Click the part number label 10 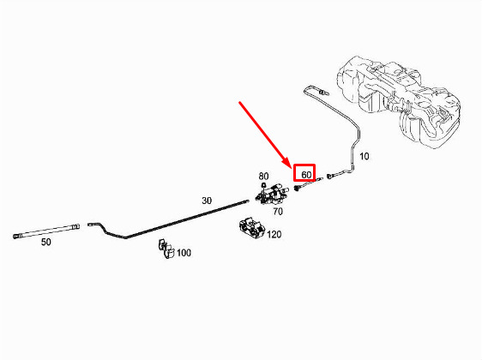click(x=365, y=156)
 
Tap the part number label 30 click(x=207, y=201)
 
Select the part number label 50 click(x=45, y=242)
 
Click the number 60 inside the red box click(x=306, y=175)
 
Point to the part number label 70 click(x=278, y=212)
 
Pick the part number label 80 click(x=263, y=176)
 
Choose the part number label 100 click(x=184, y=253)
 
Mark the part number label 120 click(x=274, y=235)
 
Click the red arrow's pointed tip click(x=290, y=168)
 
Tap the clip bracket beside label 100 click(x=166, y=249)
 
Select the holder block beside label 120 click(x=252, y=228)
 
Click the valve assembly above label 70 click(x=271, y=194)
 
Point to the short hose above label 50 click(x=46, y=231)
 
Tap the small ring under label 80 click(x=263, y=184)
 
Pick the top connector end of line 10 click(x=323, y=92)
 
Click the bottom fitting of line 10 click(x=330, y=176)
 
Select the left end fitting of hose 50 click(x=15, y=237)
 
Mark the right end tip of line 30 click(x=247, y=201)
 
